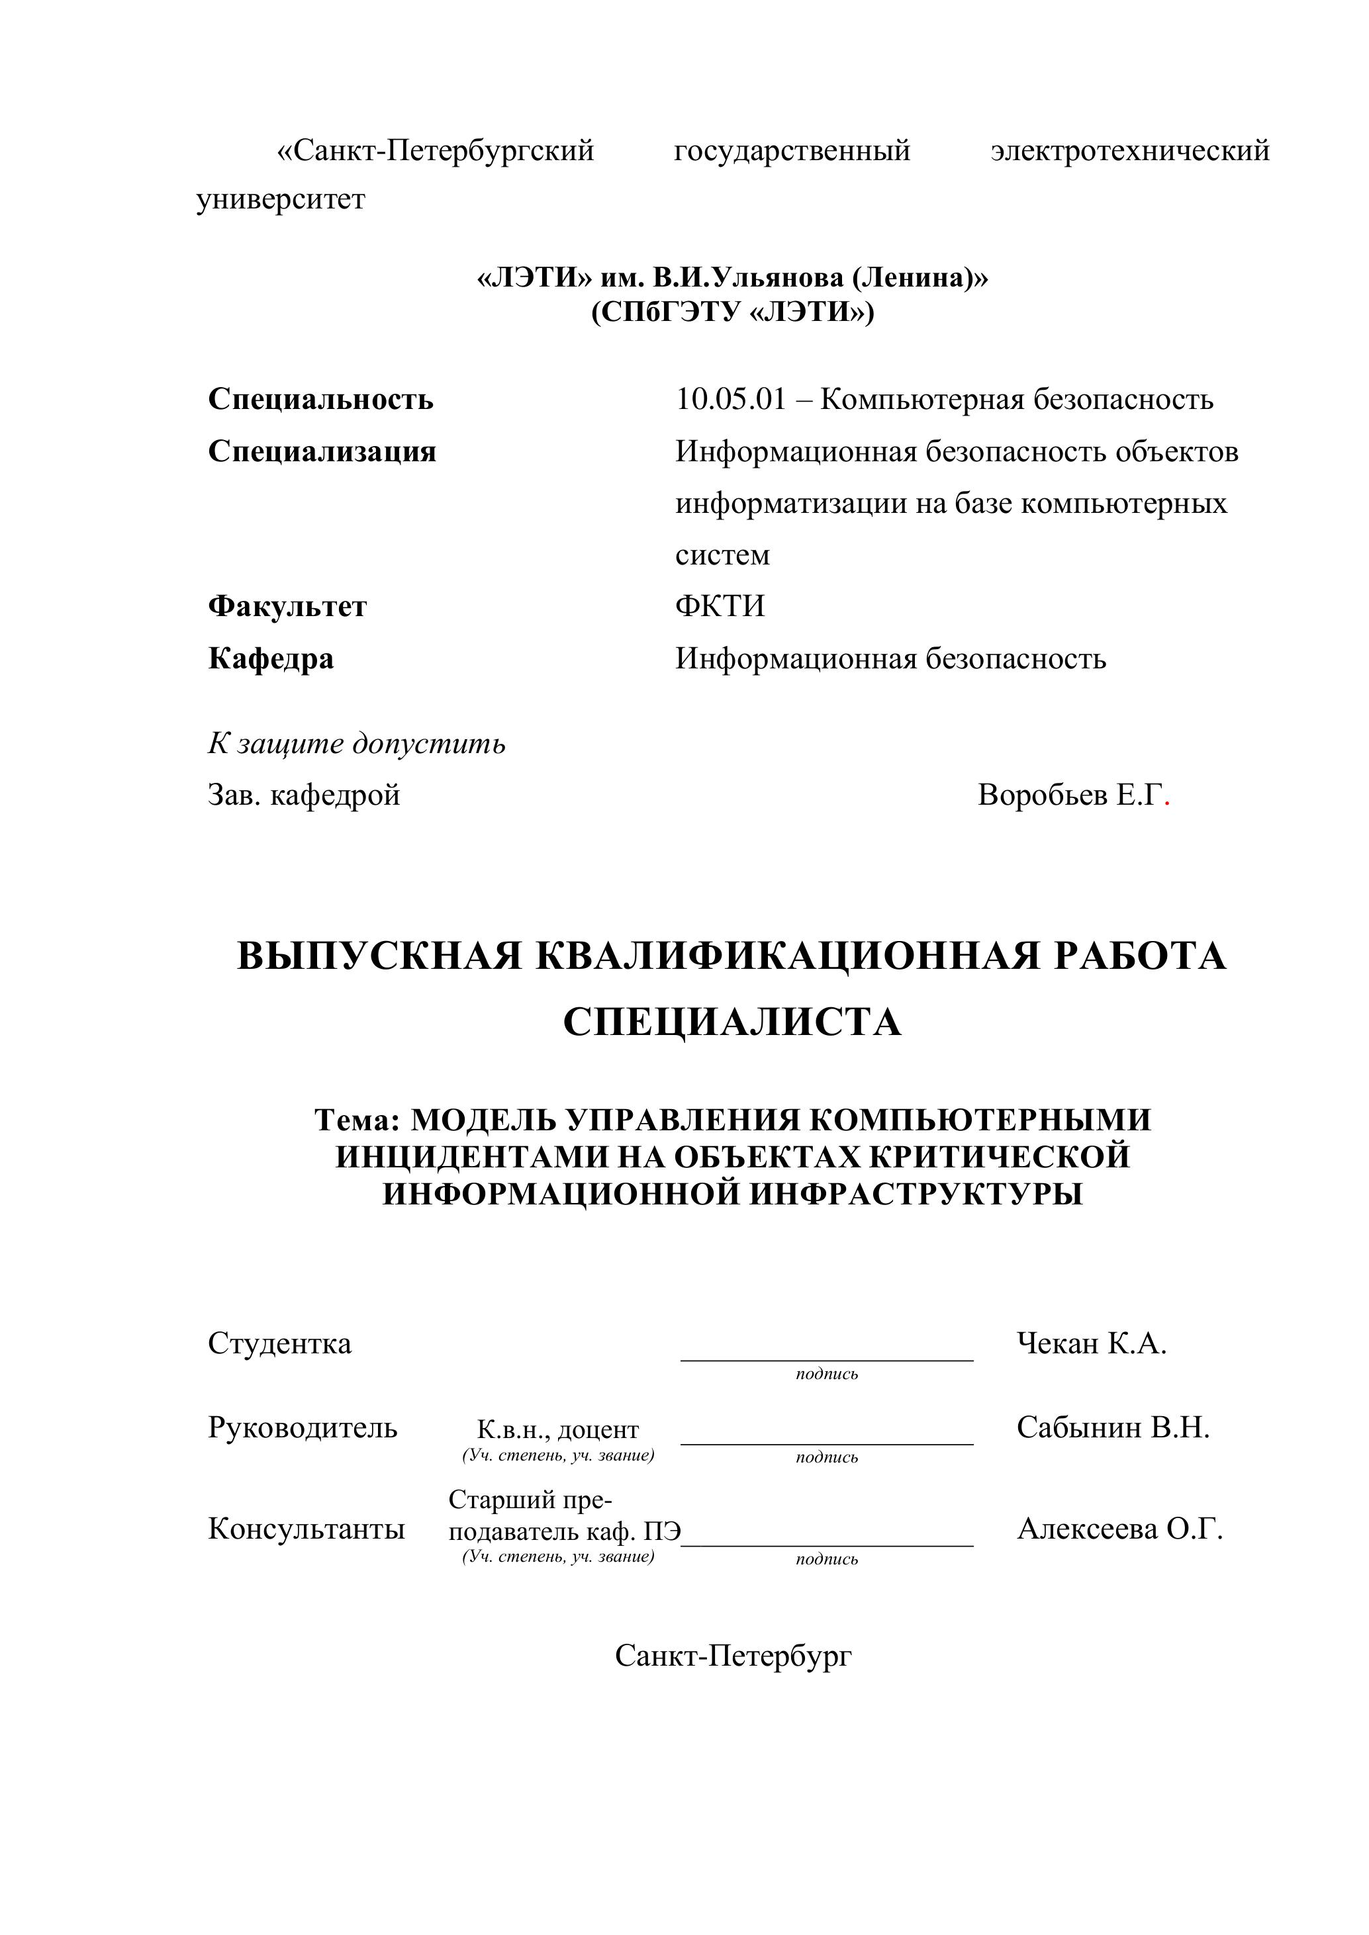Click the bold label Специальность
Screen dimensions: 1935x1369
(x=320, y=398)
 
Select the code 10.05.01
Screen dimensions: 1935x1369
(x=730, y=398)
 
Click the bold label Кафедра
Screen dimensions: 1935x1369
(x=271, y=658)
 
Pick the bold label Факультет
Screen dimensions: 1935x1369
(x=287, y=606)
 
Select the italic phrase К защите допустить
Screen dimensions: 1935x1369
(x=357, y=743)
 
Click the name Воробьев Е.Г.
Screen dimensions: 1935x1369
(x=1069, y=795)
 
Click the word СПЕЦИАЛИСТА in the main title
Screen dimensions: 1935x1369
(x=732, y=1022)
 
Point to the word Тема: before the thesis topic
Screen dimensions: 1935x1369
(x=357, y=1120)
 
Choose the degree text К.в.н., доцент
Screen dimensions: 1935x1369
(x=557, y=1430)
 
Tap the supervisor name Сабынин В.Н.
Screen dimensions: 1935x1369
(x=1112, y=1427)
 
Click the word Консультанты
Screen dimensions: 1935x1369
(x=306, y=1529)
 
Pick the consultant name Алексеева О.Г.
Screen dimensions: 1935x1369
(x=1119, y=1529)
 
